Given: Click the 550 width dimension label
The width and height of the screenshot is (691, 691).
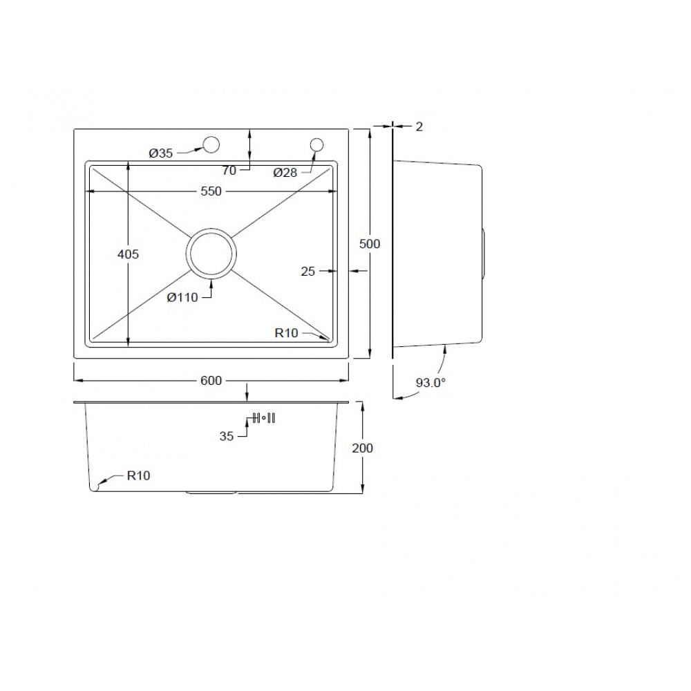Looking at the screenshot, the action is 211,191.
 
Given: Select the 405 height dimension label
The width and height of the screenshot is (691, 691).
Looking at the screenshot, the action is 129,254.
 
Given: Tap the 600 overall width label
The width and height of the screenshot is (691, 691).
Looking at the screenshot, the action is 211,380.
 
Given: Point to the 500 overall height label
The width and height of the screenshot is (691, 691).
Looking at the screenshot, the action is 370,244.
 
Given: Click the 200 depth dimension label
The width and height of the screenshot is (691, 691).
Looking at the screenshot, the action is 362,448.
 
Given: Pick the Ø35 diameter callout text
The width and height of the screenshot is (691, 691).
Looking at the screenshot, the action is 161,153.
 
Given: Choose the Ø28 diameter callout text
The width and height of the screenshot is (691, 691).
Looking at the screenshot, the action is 285,173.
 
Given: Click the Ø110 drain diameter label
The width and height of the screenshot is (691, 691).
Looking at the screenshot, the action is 182,298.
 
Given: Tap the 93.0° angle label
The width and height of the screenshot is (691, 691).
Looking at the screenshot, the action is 430,383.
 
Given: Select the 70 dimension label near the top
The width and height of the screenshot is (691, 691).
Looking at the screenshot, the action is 229,171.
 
